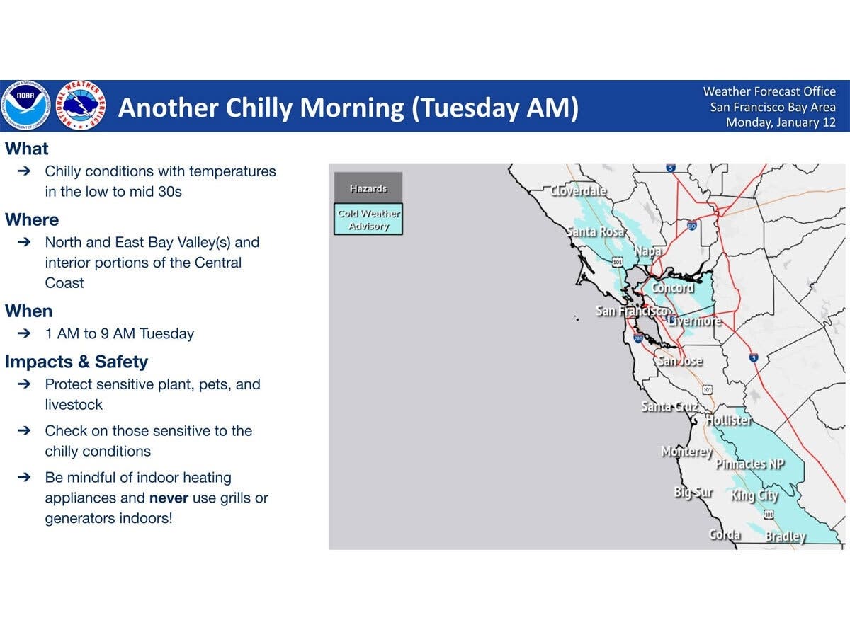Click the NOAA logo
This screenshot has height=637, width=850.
(25, 106)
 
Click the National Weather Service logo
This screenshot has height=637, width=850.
(81, 106)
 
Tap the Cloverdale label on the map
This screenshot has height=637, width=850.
(579, 191)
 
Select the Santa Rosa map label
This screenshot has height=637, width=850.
(595, 231)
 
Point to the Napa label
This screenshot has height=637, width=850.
(647, 251)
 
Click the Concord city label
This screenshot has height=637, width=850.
(672, 288)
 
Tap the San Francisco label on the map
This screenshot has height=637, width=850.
(631, 311)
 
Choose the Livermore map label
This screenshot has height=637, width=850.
(693, 321)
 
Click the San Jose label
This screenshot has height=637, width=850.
(680, 361)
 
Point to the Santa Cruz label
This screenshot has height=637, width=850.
(669, 406)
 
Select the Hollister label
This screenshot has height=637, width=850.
(729, 420)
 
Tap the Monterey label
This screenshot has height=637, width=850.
(686, 452)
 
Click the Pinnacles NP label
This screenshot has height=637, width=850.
(750, 464)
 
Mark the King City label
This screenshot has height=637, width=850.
(754, 495)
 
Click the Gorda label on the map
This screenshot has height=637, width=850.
(725, 534)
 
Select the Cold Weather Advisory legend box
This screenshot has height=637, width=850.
(368, 219)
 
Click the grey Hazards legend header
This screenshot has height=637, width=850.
(368, 188)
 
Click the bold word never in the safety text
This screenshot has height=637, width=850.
(169, 498)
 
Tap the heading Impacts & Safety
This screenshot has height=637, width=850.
(76, 362)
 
